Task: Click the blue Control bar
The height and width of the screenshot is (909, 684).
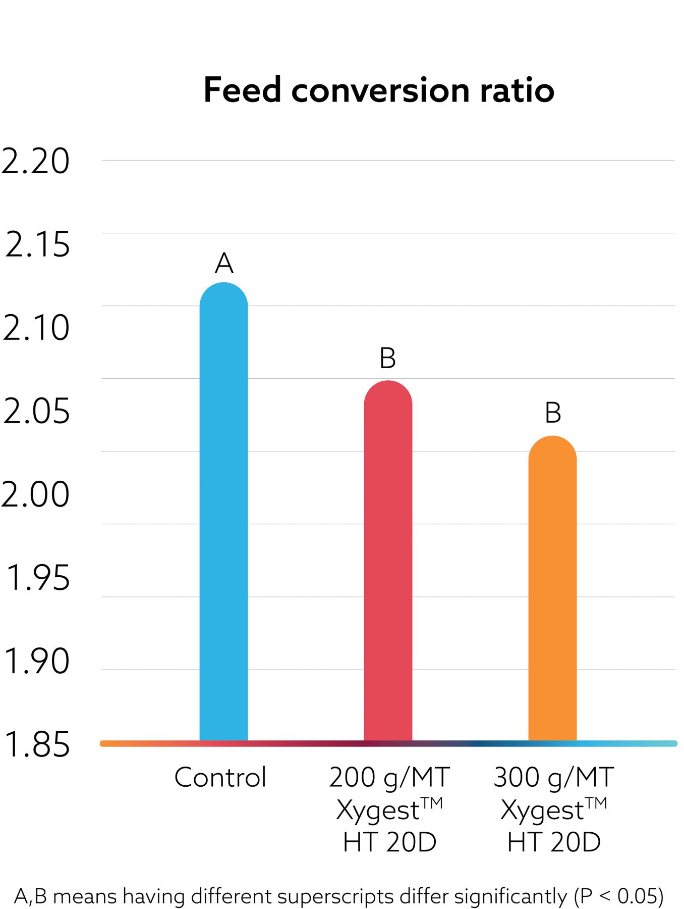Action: pos(223,510)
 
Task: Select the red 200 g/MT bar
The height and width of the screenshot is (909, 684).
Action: pos(388,561)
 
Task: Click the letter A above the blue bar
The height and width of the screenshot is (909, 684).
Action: pos(224,263)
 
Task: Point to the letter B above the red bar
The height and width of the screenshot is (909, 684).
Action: pos(387,358)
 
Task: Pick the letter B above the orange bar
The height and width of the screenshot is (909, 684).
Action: pos(553,413)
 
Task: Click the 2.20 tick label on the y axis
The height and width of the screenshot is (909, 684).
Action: pos(35,162)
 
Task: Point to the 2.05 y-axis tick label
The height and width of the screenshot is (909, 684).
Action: pos(36,411)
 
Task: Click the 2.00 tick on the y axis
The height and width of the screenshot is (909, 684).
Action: pos(35,494)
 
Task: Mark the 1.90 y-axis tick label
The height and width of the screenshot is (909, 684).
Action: pos(36,661)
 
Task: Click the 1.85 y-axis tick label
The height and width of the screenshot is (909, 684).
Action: pos(36,744)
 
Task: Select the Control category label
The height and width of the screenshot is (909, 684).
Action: pos(220,777)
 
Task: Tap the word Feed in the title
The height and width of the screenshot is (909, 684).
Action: pos(242,90)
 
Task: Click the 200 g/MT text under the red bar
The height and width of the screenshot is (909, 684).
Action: pos(389,777)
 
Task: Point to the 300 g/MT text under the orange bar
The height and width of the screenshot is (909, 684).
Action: pos(553,777)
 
